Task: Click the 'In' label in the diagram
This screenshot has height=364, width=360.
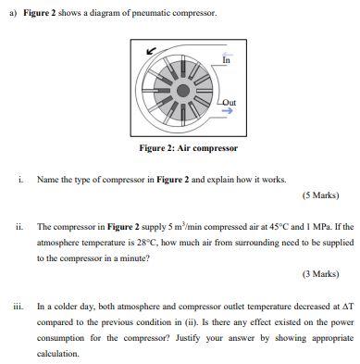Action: click(x=226, y=61)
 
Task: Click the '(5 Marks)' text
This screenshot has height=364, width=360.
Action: click(x=320, y=196)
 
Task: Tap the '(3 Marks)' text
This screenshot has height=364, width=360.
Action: click(x=320, y=275)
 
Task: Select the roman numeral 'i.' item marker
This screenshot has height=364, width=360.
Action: click(x=19, y=179)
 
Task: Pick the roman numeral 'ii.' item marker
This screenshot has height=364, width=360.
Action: click(x=19, y=226)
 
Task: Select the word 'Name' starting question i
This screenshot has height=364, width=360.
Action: click(x=47, y=179)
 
